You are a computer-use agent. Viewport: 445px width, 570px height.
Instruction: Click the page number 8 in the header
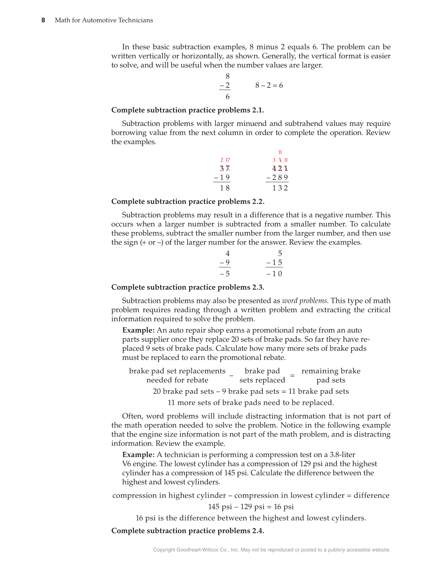tap(43, 20)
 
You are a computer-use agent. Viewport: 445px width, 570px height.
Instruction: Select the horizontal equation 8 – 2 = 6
tap(269, 85)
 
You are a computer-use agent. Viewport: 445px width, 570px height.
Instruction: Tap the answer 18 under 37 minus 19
tap(225, 188)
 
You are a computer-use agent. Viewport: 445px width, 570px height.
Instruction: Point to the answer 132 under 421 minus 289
tap(280, 188)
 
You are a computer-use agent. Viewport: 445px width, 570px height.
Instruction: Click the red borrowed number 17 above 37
tap(228, 160)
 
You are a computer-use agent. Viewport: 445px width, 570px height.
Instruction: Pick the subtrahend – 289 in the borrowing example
tap(277, 177)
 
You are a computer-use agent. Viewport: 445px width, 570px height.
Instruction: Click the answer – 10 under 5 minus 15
tap(274, 274)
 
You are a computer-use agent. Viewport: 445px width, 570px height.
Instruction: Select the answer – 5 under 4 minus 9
tap(225, 274)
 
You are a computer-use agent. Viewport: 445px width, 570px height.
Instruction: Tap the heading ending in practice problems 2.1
tap(188, 110)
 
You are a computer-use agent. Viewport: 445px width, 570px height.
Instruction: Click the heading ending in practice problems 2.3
tap(188, 287)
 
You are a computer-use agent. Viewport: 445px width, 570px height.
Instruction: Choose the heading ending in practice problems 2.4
tap(188, 531)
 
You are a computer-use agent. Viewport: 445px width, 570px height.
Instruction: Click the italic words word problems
tap(304, 301)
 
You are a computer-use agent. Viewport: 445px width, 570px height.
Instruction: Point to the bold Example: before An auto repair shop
tap(138, 330)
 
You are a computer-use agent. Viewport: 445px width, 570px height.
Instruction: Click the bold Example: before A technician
tap(138, 455)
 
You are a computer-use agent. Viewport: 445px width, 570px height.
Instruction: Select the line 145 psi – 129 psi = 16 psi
tap(251, 507)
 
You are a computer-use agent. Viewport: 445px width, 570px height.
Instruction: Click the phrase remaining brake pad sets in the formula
tap(331, 376)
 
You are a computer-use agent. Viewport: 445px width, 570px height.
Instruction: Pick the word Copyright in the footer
tap(164, 550)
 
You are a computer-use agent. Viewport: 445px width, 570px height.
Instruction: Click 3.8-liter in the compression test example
tap(342, 455)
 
